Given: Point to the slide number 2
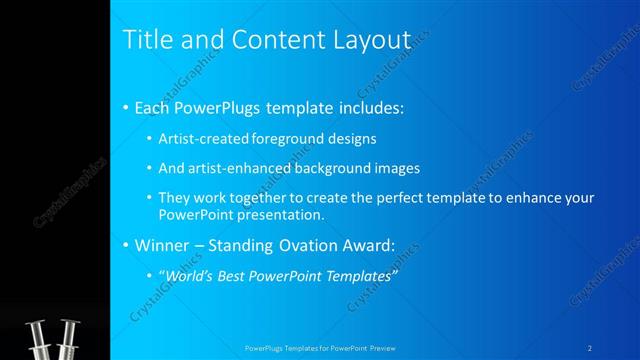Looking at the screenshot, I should click(x=590, y=348).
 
